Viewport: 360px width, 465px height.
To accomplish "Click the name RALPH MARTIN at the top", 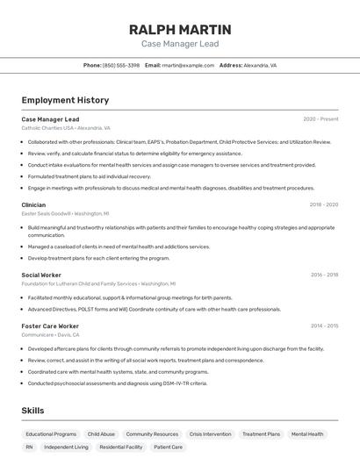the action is [x=180, y=30].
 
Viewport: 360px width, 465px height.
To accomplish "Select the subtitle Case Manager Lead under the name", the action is [x=180, y=44].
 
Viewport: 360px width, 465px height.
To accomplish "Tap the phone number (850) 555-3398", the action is [x=120, y=65].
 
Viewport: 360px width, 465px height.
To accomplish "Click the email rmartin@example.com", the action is [x=187, y=65].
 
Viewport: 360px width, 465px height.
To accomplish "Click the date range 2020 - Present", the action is [x=320, y=118].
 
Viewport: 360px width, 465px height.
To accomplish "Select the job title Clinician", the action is [x=33, y=204].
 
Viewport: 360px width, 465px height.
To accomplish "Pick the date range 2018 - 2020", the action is [x=323, y=204].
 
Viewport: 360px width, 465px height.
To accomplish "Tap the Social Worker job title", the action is [x=40, y=275].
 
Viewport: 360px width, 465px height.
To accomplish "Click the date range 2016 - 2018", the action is [x=323, y=275].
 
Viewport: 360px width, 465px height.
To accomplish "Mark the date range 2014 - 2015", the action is [x=323, y=325].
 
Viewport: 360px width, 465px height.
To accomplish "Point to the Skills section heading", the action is [x=32, y=411].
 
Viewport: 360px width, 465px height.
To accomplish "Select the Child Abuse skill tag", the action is [x=101, y=433].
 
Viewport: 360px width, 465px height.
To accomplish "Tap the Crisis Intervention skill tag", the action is [x=210, y=433].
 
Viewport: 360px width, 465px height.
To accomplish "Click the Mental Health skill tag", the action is [x=307, y=433].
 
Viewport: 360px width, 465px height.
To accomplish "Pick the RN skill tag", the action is [x=29, y=447].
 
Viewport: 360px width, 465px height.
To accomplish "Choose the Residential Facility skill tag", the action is [x=121, y=447].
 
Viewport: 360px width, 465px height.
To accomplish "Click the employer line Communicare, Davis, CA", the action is [x=50, y=334].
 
